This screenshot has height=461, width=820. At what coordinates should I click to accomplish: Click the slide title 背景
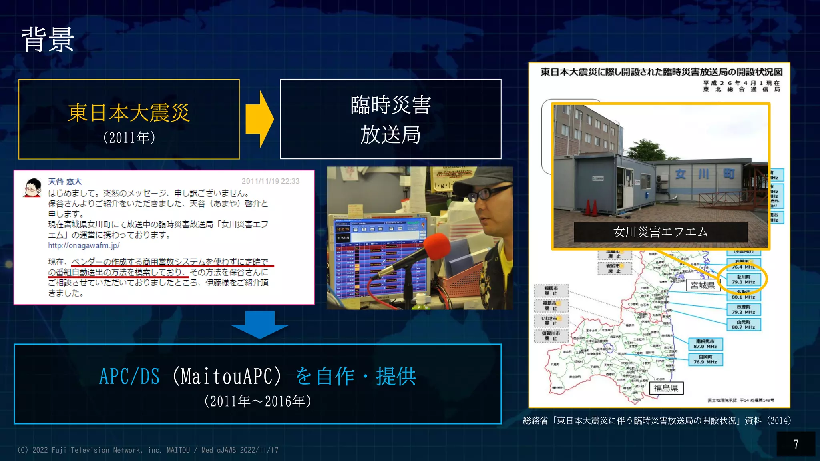tap(48, 40)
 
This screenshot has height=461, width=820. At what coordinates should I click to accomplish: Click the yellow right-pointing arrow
tap(260, 119)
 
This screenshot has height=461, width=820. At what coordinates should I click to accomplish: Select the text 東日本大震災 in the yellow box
tap(129, 113)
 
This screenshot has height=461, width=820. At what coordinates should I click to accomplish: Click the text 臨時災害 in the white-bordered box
tap(390, 105)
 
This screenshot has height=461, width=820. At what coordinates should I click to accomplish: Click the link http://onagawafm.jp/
tap(84, 245)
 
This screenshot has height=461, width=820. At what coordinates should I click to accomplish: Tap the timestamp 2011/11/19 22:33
tap(270, 181)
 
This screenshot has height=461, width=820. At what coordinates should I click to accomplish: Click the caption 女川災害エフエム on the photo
tap(660, 232)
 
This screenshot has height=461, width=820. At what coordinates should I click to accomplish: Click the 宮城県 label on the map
tap(703, 285)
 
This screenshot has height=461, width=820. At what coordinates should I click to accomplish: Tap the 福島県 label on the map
tap(666, 388)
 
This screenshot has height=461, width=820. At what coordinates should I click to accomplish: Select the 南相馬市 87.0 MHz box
tap(705, 344)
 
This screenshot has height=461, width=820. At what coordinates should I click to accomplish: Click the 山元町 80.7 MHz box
tap(743, 325)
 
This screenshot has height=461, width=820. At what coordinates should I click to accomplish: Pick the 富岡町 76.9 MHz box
tap(705, 359)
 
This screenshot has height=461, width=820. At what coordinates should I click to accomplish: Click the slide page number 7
tap(796, 444)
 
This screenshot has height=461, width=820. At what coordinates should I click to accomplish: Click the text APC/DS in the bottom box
tap(129, 377)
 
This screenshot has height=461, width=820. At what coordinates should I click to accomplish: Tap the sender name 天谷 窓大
tap(65, 182)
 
